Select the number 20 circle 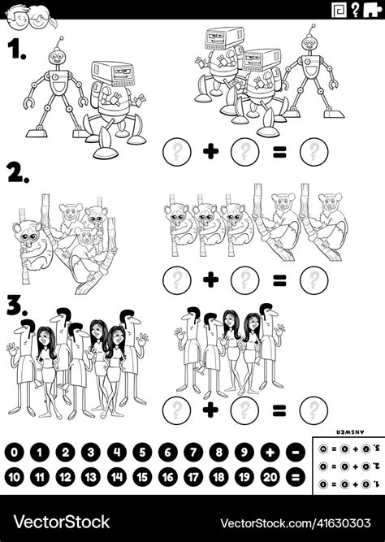pyautogui.click(x=269, y=477)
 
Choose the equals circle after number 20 pyautogui.click(x=295, y=477)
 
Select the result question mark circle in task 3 pyautogui.click(x=312, y=409)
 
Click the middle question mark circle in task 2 pyautogui.click(x=244, y=280)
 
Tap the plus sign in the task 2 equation pyautogui.click(x=210, y=280)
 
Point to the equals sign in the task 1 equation pyautogui.click(x=279, y=152)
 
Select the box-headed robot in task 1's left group pyautogui.click(x=114, y=106)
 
